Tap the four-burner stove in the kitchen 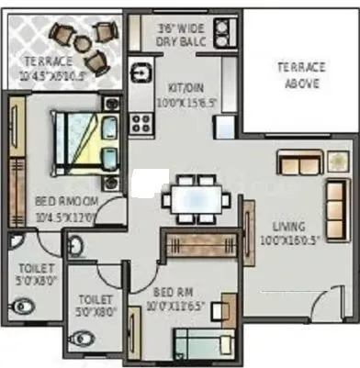141,120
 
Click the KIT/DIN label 187,88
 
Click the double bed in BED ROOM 84,141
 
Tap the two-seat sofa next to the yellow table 299,163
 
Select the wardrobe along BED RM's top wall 201,243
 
